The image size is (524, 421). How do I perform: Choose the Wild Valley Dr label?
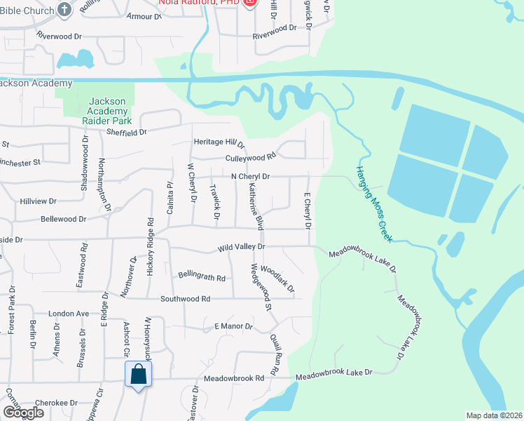[x=241, y=246]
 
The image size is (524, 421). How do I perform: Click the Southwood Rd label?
[x=186, y=298]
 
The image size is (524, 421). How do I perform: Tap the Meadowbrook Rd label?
[x=234, y=377]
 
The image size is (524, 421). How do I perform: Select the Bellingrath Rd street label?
[x=202, y=276]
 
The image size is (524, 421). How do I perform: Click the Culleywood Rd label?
[x=251, y=158]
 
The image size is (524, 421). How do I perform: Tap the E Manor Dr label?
[x=233, y=326]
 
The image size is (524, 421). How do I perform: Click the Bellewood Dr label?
[x=62, y=219]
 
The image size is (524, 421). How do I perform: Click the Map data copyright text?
[x=494, y=415]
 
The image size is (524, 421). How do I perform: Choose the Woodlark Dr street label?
[x=277, y=279]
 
